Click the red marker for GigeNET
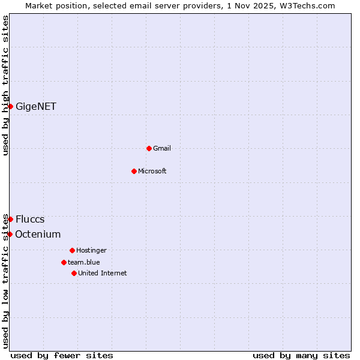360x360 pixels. pos(10,106)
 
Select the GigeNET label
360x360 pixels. pos(36,107)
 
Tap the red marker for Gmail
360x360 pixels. pos(149,148)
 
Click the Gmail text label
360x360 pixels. pos(162,148)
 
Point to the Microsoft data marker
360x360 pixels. pos(134,171)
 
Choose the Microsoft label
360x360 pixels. pos(152,171)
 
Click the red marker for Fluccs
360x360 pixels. pos(10,219)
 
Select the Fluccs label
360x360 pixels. pos(30,220)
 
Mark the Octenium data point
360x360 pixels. pos(10,234)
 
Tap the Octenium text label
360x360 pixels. pos(38,235)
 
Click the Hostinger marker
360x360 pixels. pos(72,250)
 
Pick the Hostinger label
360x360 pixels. pos(91,250)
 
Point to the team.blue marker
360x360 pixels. pos(64,262)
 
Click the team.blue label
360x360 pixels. pos(84,262)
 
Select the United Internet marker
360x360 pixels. pos(74,273)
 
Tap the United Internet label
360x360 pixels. pos(103,273)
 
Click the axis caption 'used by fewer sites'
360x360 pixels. pos(62,355)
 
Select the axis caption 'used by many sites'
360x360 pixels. pos(301,355)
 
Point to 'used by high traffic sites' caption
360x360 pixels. pos(5,85)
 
